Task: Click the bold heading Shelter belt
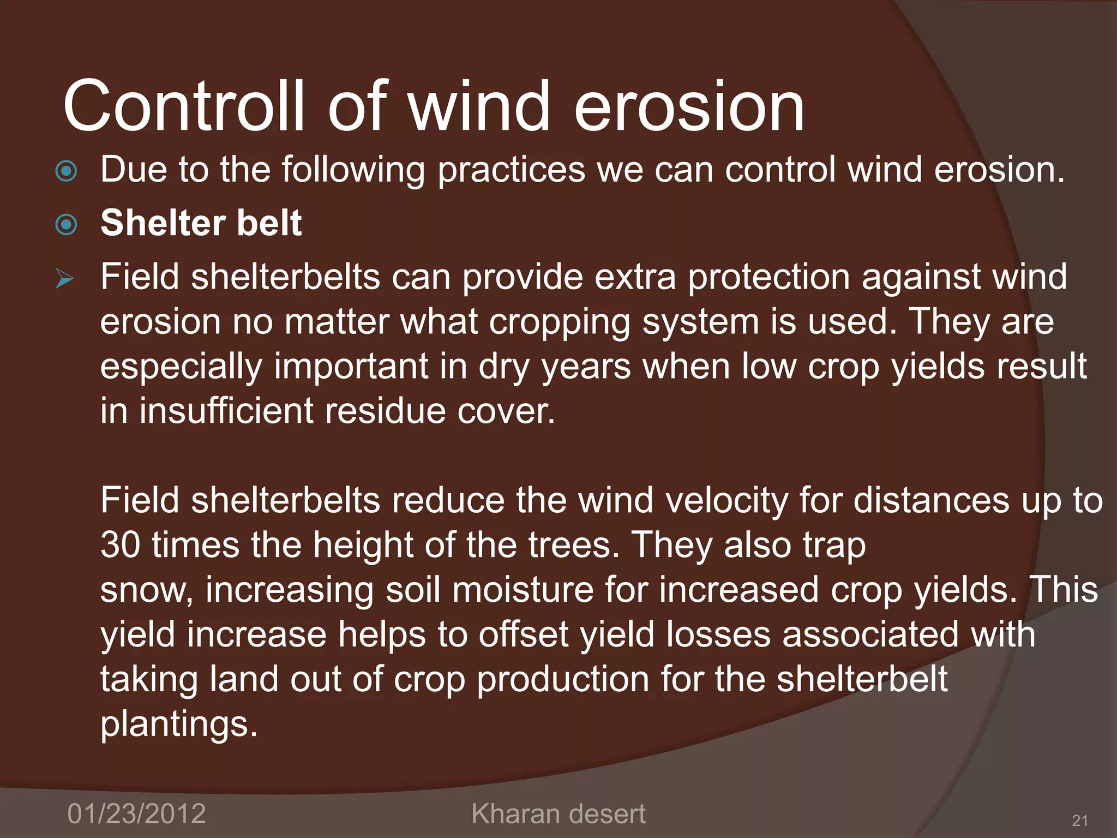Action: (x=201, y=223)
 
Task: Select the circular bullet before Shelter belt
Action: (x=67, y=224)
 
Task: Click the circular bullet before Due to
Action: (x=67, y=171)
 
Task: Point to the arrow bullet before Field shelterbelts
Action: (x=65, y=279)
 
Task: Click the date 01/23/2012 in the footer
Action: (x=136, y=813)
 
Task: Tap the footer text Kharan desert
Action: (x=558, y=813)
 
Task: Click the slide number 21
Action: (x=1080, y=820)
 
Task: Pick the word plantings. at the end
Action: (x=179, y=724)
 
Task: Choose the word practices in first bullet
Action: (x=511, y=170)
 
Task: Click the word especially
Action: (x=182, y=367)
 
